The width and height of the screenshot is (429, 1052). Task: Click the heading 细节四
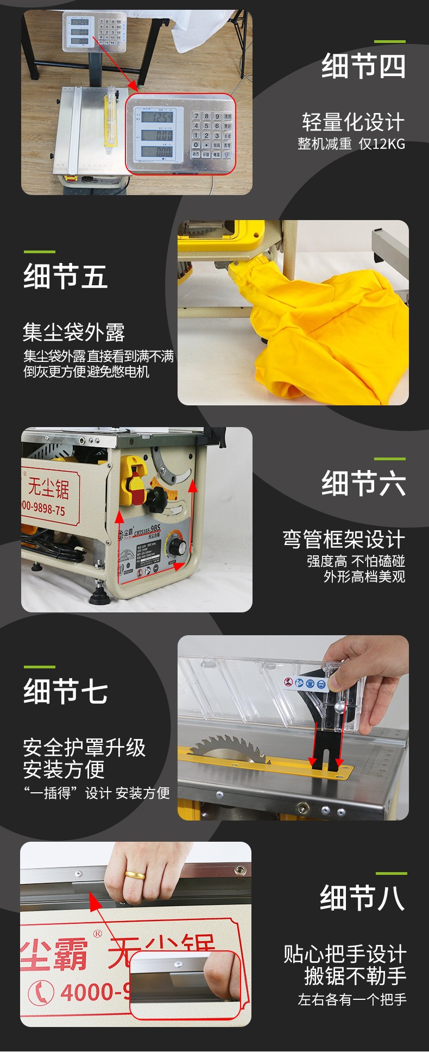click(x=363, y=66)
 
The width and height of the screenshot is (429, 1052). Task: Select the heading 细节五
click(x=65, y=276)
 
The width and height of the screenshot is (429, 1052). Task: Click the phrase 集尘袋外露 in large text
click(x=74, y=332)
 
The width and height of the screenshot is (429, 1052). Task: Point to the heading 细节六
click(x=363, y=483)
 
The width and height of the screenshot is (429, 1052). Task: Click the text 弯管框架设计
click(x=344, y=540)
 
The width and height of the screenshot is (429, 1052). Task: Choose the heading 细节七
click(x=65, y=691)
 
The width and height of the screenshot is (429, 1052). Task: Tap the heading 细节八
click(x=362, y=898)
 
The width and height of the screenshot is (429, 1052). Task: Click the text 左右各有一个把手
click(x=352, y=999)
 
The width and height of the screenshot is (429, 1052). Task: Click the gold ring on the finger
click(x=135, y=875)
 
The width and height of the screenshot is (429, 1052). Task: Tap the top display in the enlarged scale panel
click(x=157, y=117)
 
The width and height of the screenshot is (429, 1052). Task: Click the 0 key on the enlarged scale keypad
click(x=196, y=145)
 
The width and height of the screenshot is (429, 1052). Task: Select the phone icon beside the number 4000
click(x=41, y=992)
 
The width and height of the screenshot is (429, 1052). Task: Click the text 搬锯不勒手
click(x=355, y=976)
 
